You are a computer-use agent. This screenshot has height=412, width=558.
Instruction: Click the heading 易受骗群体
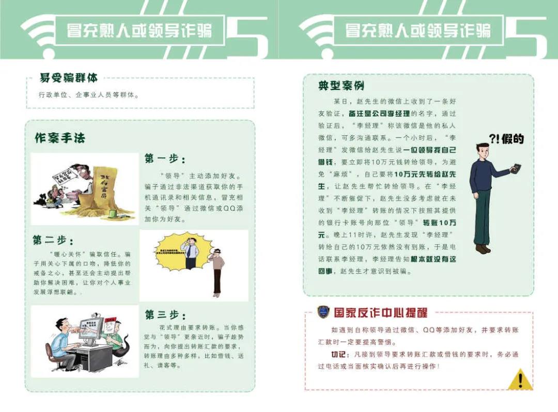pyautogui.click(x=68, y=78)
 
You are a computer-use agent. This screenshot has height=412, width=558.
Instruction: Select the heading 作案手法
pyautogui.click(x=60, y=138)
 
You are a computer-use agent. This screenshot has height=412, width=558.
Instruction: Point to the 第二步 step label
pyautogui.click(x=53, y=241)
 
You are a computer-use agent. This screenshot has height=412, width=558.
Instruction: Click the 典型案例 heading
pyautogui.click(x=341, y=86)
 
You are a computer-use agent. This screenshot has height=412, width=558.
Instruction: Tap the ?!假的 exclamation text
pyautogui.click(x=506, y=139)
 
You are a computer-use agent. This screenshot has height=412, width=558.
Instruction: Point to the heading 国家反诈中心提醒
pyautogui.click(x=380, y=313)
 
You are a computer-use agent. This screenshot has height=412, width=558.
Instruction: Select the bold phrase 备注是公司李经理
pyautogui.click(x=379, y=114)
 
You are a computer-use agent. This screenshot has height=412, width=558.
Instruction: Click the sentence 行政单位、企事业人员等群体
pyautogui.click(x=88, y=95)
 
